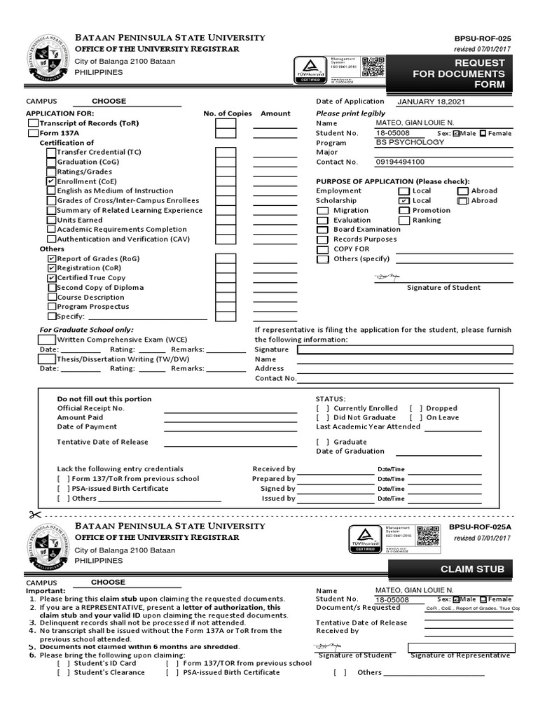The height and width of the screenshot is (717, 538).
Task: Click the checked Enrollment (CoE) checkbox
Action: (50, 181)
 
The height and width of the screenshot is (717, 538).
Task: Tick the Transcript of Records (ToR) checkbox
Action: (33, 123)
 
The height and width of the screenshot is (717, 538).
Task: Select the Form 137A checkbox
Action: (33, 133)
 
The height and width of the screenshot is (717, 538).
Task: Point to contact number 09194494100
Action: (400, 162)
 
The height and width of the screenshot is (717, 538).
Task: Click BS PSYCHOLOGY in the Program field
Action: (410, 142)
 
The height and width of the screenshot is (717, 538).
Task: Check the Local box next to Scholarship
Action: (404, 201)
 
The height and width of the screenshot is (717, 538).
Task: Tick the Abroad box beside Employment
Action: (463, 191)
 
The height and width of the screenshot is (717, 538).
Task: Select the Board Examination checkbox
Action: (322, 230)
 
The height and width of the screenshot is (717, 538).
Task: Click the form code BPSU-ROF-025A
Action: (480, 527)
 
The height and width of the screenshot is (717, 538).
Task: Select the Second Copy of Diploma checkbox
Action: (52, 288)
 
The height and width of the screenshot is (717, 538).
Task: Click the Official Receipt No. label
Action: (90, 408)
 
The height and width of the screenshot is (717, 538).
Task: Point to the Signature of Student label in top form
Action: (443, 288)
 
